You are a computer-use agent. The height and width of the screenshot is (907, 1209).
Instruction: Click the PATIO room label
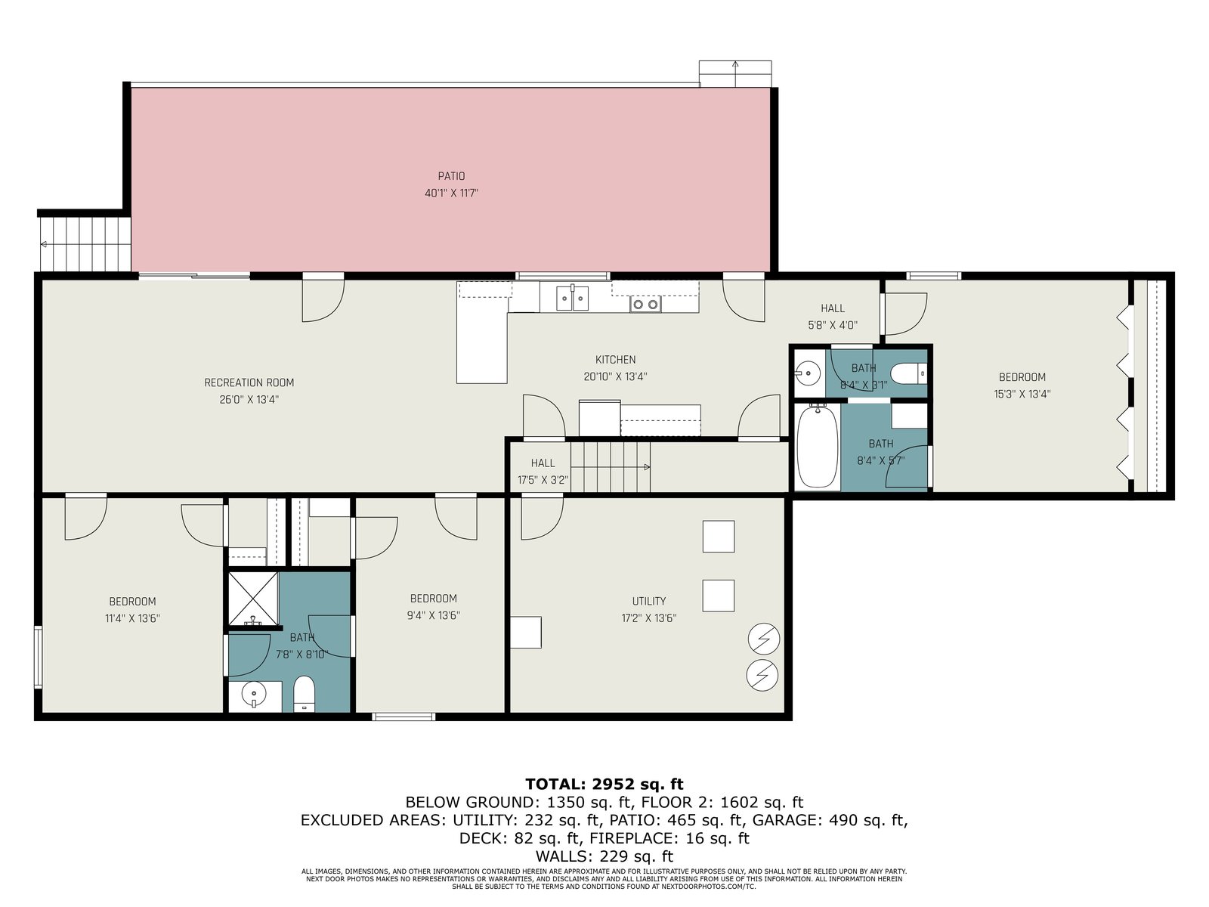pyautogui.click(x=451, y=176)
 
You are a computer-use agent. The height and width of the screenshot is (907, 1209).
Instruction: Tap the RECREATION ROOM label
pyautogui.click(x=249, y=382)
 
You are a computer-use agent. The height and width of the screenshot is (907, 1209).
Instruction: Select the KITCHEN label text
pyautogui.click(x=615, y=360)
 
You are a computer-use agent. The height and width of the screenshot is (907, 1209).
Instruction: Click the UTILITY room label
pyautogui.click(x=649, y=601)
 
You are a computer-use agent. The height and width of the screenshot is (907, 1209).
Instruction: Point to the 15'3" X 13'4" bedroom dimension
pyautogui.click(x=1022, y=394)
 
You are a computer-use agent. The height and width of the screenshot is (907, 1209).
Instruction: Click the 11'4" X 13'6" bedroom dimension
pyautogui.click(x=132, y=618)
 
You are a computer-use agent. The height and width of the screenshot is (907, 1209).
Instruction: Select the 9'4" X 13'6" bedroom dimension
pyautogui.click(x=434, y=615)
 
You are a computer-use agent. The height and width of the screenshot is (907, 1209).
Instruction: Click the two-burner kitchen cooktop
pyautogui.click(x=645, y=303)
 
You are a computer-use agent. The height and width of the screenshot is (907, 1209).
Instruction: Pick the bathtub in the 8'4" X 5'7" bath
pyautogui.click(x=818, y=445)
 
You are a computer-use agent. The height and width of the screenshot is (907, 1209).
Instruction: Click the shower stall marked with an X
pyautogui.click(x=253, y=599)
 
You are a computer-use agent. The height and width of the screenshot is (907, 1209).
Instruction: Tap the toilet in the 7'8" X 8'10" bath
pyautogui.click(x=304, y=694)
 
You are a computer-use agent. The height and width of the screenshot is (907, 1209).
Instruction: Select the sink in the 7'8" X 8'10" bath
pyautogui.click(x=255, y=695)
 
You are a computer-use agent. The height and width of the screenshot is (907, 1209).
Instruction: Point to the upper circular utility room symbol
pyautogui.click(x=764, y=639)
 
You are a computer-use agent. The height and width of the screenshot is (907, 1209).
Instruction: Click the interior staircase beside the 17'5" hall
pyautogui.click(x=610, y=467)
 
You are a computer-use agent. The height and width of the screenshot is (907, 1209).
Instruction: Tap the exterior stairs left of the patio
pyautogui.click(x=85, y=244)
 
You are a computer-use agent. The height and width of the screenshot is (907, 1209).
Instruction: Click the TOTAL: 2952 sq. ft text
pyautogui.click(x=604, y=784)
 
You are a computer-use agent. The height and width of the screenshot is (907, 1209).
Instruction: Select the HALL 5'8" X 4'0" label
pyautogui.click(x=832, y=317)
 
